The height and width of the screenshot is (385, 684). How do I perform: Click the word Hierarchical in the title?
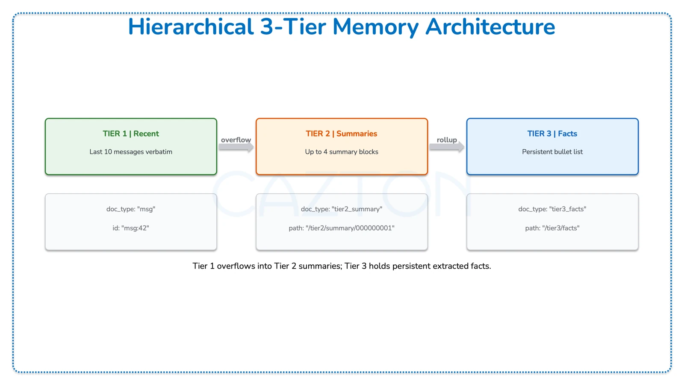point(191,27)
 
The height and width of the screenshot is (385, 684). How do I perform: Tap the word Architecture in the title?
point(490,27)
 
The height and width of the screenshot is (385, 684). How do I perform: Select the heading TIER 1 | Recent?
point(131,133)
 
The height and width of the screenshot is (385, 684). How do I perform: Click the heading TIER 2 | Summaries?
point(341,133)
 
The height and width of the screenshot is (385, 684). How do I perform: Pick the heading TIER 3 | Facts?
point(552,133)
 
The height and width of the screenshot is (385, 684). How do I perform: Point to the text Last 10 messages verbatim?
point(131,152)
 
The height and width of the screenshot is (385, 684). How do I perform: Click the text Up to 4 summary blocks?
point(341,152)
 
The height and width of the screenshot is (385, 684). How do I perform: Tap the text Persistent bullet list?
point(552,152)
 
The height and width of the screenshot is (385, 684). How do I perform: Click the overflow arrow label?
point(236,140)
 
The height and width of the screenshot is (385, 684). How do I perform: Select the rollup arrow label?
point(447,140)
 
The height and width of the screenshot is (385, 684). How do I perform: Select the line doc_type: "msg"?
point(131,209)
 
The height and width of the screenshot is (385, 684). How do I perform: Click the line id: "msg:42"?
point(131,228)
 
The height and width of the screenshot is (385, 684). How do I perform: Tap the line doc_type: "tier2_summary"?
point(341,209)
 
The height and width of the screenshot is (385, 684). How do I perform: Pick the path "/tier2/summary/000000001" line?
point(341,228)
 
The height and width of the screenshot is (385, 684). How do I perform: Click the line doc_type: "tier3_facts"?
point(552,209)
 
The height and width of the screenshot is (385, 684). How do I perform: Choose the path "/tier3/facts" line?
point(552,228)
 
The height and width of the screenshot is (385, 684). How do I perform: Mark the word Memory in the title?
point(375,27)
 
